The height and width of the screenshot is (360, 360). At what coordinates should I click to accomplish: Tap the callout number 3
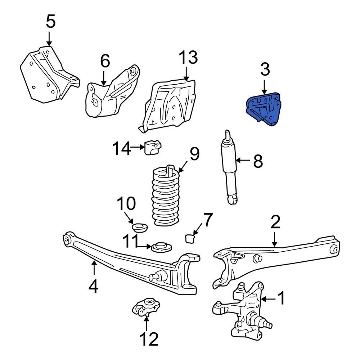click(x=265, y=70)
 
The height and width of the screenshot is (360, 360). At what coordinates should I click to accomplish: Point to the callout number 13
click(x=188, y=58)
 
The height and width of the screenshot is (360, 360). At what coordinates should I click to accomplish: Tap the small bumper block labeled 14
click(x=153, y=148)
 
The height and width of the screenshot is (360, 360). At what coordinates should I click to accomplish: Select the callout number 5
click(x=51, y=22)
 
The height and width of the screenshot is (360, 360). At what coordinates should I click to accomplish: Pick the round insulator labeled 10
click(x=139, y=228)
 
